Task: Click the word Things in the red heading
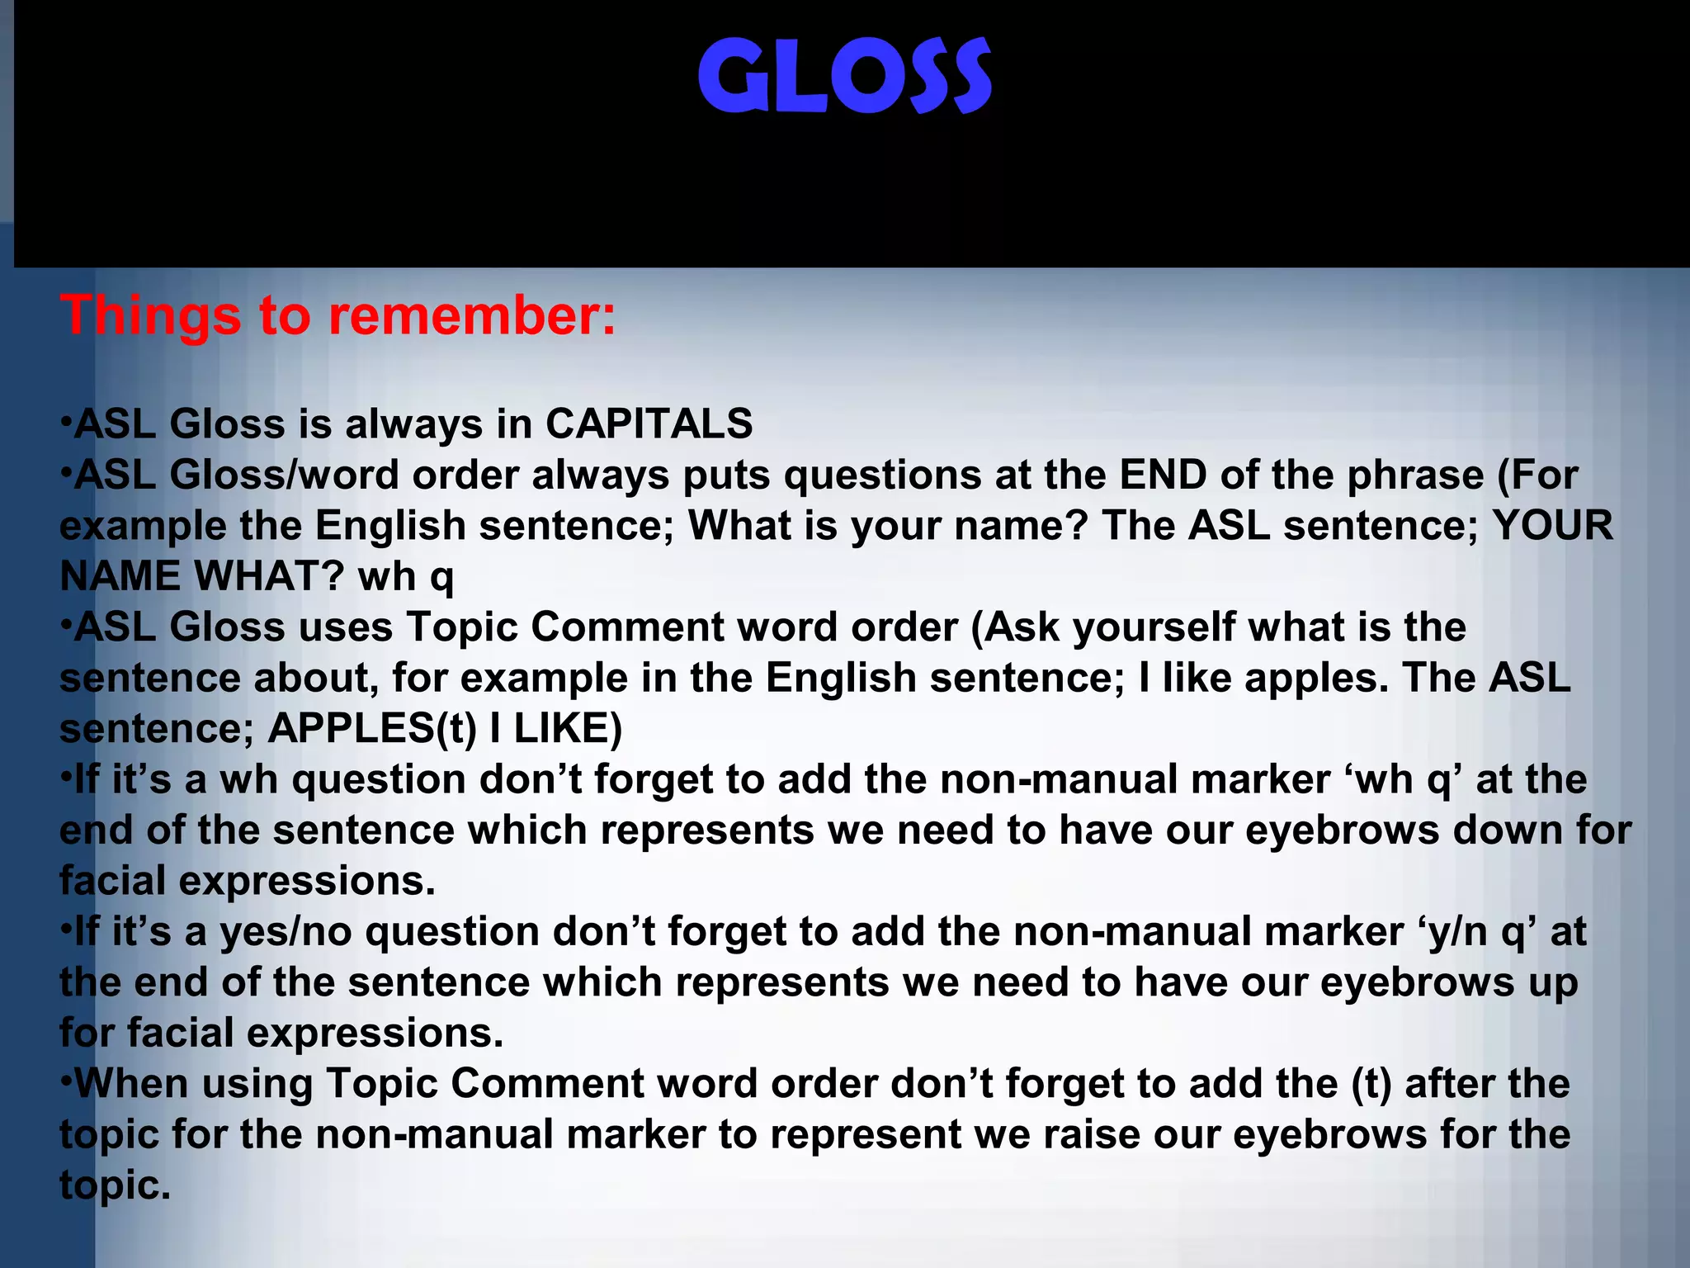tap(152, 316)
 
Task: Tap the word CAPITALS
tap(649, 424)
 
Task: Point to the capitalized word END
tap(1164, 475)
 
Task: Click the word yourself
tap(1154, 628)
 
